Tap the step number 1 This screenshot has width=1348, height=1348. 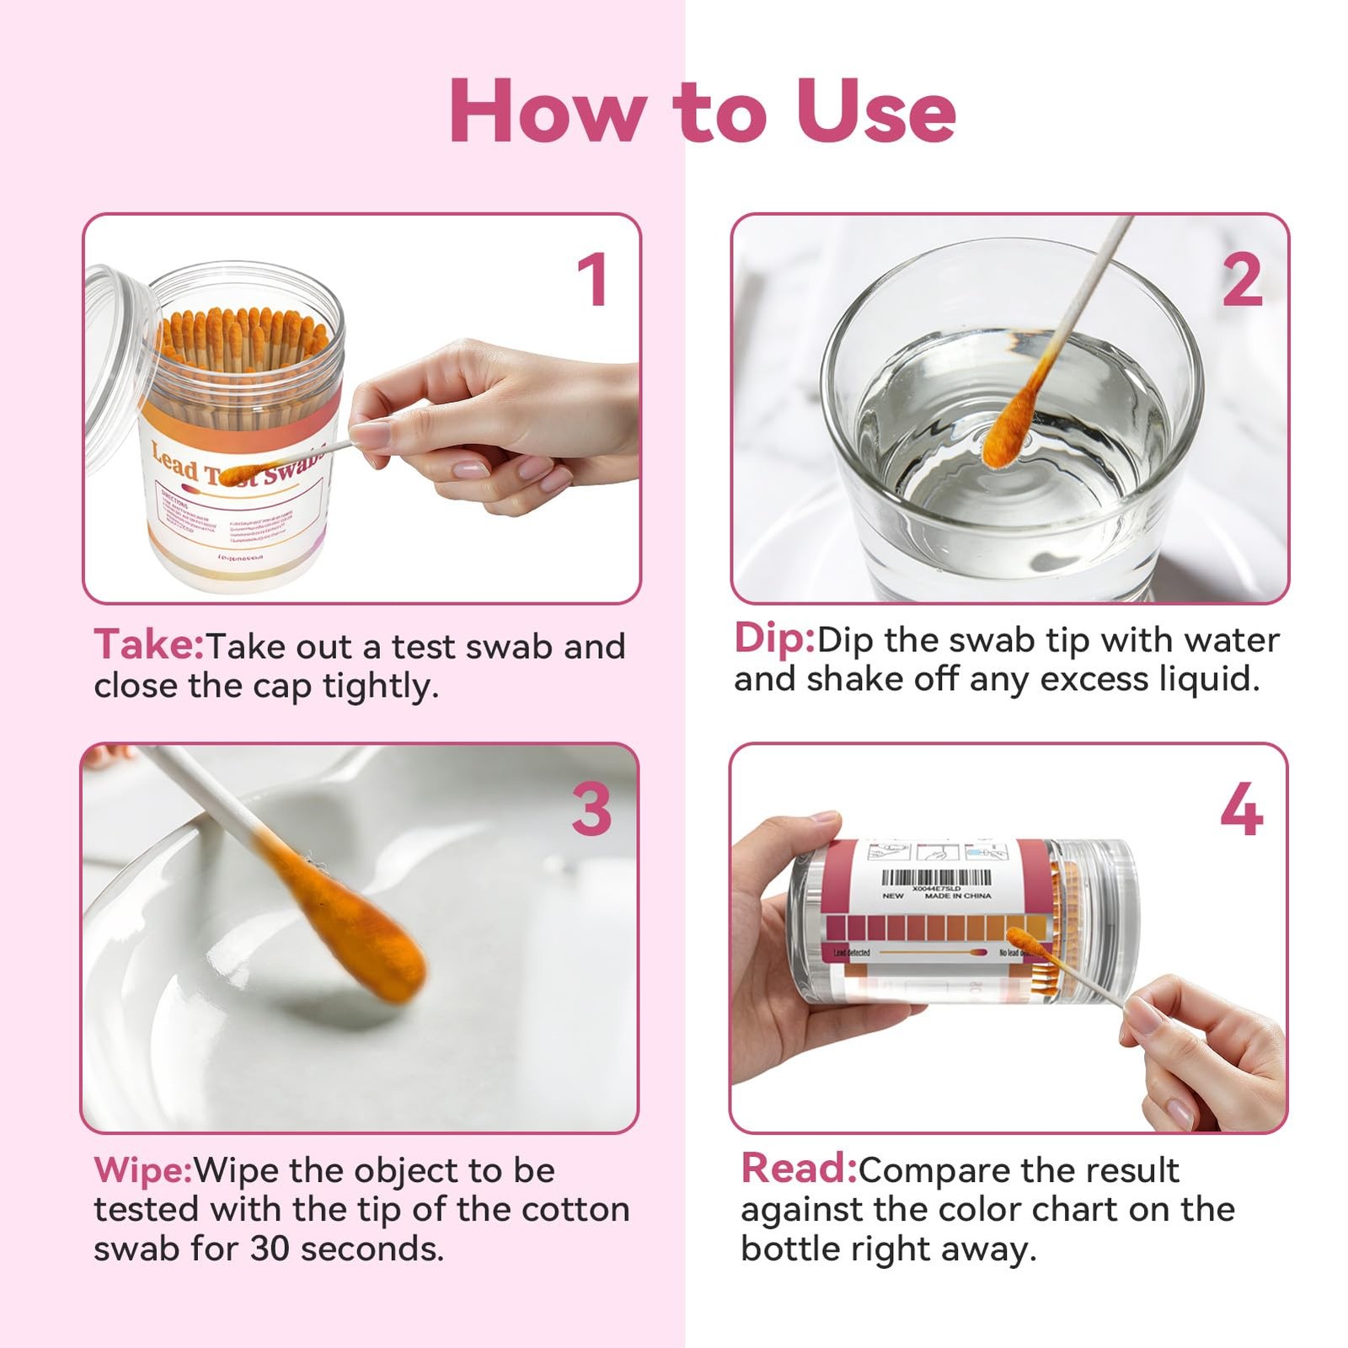click(x=592, y=280)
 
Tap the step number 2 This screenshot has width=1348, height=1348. click(x=1242, y=280)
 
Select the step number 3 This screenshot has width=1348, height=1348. click(x=591, y=810)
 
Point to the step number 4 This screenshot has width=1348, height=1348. click(x=1241, y=810)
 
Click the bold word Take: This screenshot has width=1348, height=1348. click(x=148, y=645)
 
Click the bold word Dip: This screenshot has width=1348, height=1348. click(x=773, y=639)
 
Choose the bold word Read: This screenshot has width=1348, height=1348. click(x=798, y=1169)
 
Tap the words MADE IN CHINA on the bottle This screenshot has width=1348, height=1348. click(x=958, y=896)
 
